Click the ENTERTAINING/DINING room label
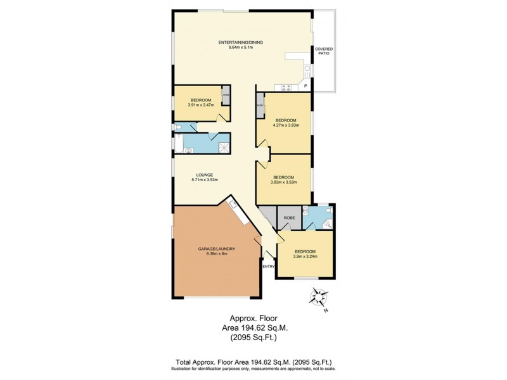click(240, 42)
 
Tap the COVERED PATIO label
click(324, 51)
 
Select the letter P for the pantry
click(305, 86)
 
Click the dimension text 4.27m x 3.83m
click(286, 125)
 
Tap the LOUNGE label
click(204, 175)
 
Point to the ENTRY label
click(269, 266)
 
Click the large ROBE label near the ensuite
click(290, 218)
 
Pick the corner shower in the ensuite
click(327, 221)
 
